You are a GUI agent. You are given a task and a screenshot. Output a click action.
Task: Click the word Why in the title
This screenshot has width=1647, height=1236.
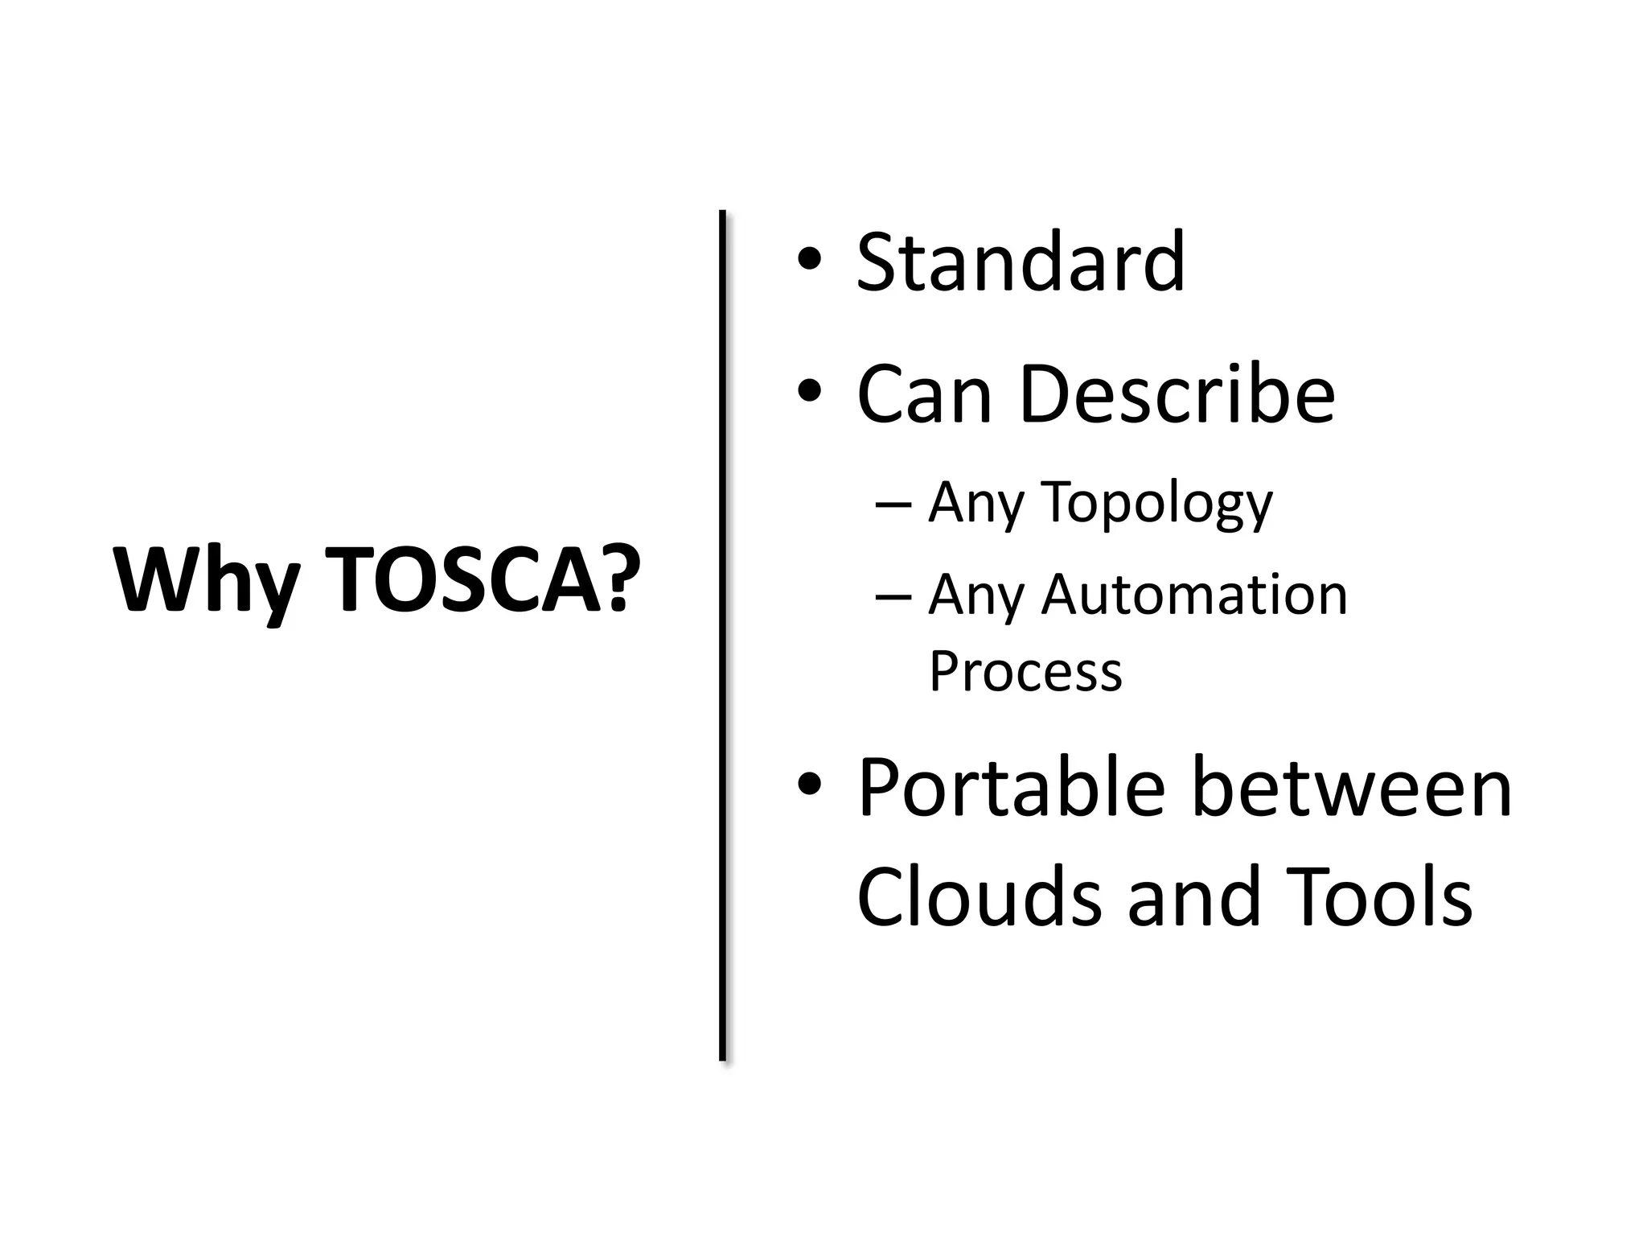tap(207, 581)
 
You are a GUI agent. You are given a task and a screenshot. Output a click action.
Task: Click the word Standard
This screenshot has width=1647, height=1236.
tap(1020, 262)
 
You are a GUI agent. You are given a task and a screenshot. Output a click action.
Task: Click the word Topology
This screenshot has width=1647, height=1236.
tap(1157, 503)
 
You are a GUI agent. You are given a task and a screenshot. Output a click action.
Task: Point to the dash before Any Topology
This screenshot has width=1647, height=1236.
tap(893, 505)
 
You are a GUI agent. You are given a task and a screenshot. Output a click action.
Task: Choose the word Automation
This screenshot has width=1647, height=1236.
tap(1194, 595)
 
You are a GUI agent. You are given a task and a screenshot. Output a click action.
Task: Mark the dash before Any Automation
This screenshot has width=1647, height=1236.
tap(893, 597)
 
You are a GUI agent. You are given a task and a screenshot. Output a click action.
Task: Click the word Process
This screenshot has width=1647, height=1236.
tap(1025, 671)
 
